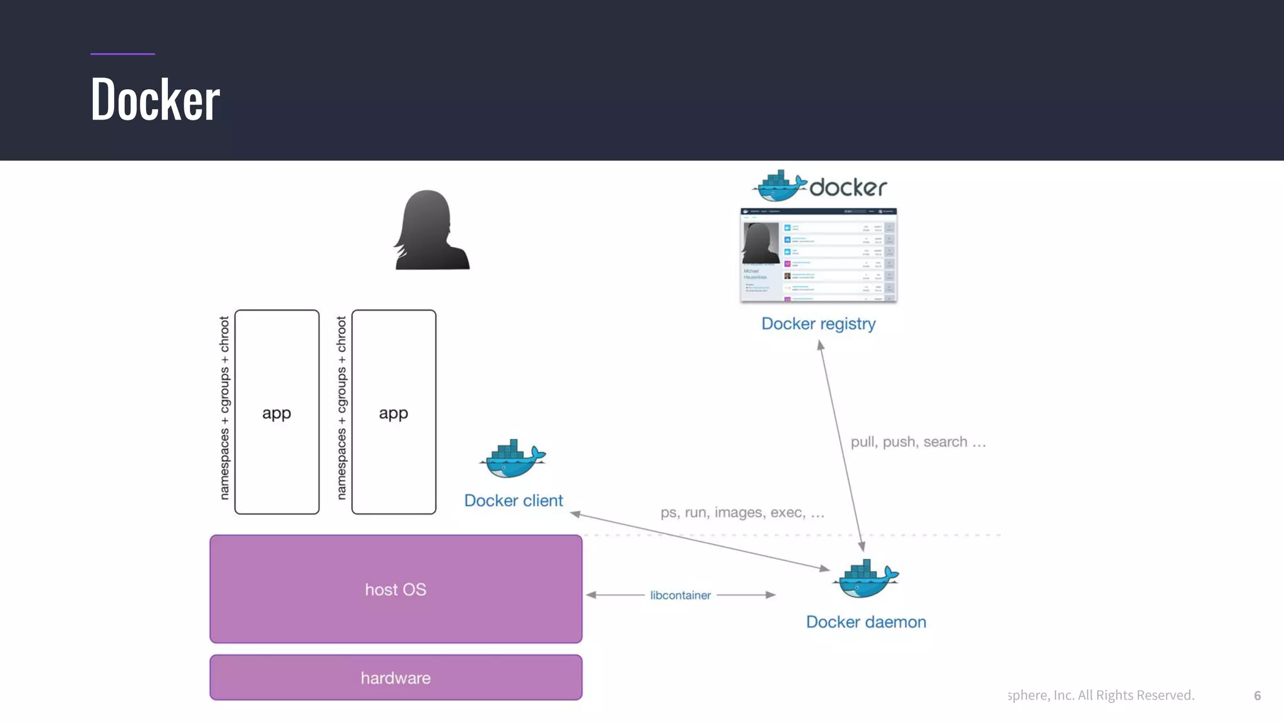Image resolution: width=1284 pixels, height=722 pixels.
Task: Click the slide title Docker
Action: click(x=155, y=99)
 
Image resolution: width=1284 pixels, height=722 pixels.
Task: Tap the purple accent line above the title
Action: click(x=122, y=54)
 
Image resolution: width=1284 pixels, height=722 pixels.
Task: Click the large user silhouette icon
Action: click(x=431, y=231)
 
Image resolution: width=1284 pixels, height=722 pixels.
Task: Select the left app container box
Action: click(x=276, y=412)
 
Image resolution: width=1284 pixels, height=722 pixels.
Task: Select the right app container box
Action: click(x=394, y=412)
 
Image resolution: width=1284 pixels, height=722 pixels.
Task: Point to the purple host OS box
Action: click(x=396, y=589)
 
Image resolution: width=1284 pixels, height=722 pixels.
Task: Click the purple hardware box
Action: click(x=396, y=678)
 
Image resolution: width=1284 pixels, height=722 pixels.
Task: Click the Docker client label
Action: click(x=513, y=501)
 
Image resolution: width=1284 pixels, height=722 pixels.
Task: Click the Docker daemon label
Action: click(x=866, y=622)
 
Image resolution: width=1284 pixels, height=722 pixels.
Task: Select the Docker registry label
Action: click(x=818, y=323)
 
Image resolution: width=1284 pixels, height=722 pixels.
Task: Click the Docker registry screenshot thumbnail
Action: click(x=818, y=255)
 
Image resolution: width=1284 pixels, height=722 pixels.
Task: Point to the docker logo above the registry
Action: click(x=819, y=186)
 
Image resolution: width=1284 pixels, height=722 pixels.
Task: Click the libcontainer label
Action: click(x=680, y=595)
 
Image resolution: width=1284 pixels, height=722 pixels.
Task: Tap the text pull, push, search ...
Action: click(x=918, y=442)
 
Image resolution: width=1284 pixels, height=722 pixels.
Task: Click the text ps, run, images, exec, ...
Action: click(x=742, y=513)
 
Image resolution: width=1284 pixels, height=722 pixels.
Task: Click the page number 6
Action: click(x=1257, y=695)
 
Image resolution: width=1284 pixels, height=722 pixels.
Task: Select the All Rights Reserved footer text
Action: click(x=1101, y=695)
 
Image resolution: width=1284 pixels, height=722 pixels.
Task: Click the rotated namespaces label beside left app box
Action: click(x=224, y=408)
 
